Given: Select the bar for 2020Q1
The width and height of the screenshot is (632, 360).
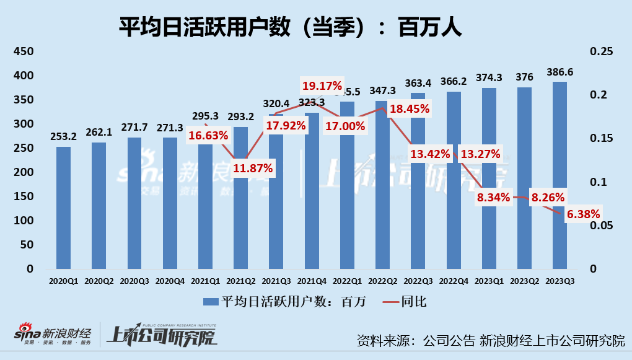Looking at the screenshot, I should click(x=63, y=208).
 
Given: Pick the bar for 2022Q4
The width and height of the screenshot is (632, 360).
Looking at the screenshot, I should click(x=454, y=180).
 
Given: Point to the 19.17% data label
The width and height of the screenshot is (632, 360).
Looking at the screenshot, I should click(x=322, y=86).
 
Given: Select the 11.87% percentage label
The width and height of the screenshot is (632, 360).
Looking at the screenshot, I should click(x=252, y=167).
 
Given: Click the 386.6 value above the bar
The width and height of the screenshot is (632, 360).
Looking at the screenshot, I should click(x=560, y=72).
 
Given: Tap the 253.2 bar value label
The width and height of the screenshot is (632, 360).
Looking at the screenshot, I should click(x=63, y=137).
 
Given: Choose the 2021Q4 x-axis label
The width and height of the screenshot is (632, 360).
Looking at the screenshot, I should click(x=312, y=280).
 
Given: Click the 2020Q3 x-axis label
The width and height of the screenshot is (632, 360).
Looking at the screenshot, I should click(x=134, y=280).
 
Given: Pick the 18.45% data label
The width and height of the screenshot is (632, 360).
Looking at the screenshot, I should click(x=409, y=109).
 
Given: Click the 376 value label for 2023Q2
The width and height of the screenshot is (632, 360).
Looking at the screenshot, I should click(x=524, y=77).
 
